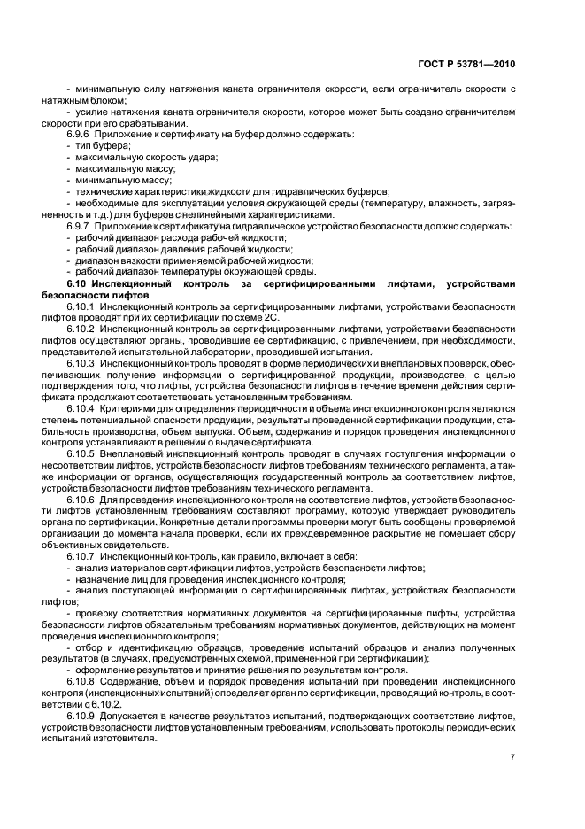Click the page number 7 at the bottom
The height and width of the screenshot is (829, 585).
pyautogui.click(x=513, y=755)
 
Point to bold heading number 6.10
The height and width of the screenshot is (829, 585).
pyautogui.click(x=80, y=284)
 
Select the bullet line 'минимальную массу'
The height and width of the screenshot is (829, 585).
pyautogui.click(x=112, y=181)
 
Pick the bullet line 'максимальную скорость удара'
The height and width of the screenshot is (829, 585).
pyautogui.click(x=134, y=156)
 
